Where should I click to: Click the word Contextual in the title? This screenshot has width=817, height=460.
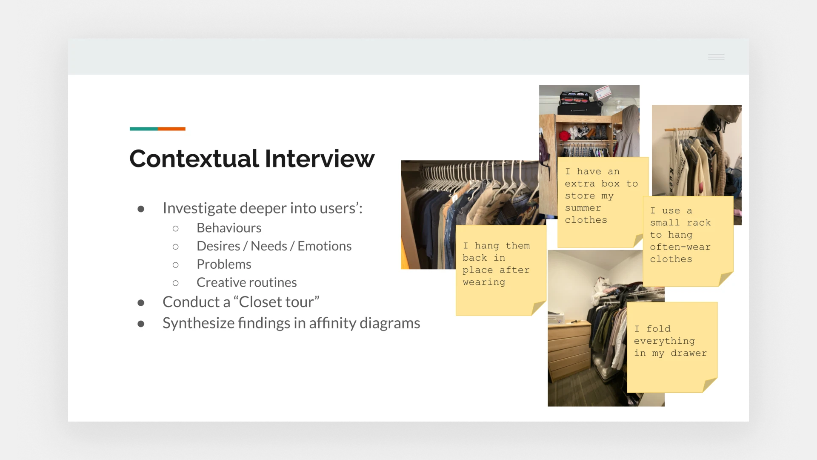pyautogui.click(x=194, y=159)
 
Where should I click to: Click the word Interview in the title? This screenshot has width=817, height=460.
pyautogui.click(x=320, y=159)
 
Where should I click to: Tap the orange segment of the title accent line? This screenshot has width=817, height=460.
pyautogui.click(x=171, y=129)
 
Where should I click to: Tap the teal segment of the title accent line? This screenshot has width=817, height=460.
pyautogui.click(x=144, y=129)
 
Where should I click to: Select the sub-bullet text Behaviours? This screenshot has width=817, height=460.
pyautogui.click(x=229, y=228)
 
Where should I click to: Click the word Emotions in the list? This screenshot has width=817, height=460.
pyautogui.click(x=324, y=246)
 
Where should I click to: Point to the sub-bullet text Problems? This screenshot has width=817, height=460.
pyautogui.click(x=224, y=264)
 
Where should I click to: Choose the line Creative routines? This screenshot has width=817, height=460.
pyautogui.click(x=246, y=282)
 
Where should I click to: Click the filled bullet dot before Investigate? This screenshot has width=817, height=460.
pyautogui.click(x=141, y=209)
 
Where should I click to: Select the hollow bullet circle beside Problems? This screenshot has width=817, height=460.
pyautogui.click(x=175, y=265)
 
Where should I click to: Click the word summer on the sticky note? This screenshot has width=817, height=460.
pyautogui.click(x=583, y=208)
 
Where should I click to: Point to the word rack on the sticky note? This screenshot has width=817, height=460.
pyautogui.click(x=699, y=223)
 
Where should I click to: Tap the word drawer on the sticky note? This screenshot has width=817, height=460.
pyautogui.click(x=688, y=353)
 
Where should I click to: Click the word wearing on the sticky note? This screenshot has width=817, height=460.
pyautogui.click(x=484, y=282)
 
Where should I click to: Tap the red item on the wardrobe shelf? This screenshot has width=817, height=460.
pyautogui.click(x=564, y=136)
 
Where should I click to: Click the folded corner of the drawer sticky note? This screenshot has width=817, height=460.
pyautogui.click(x=710, y=385)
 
